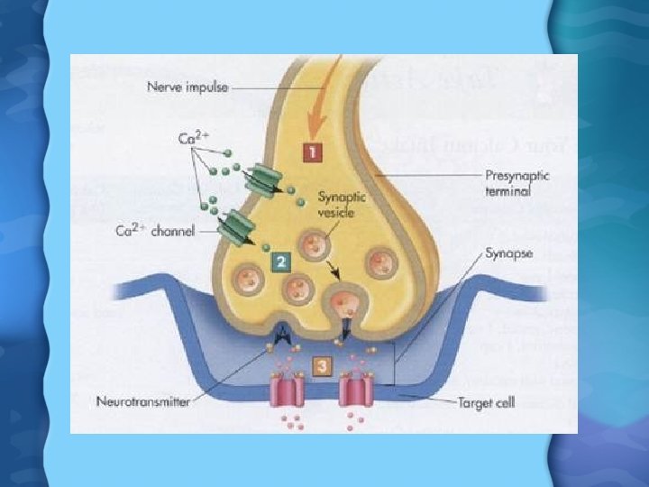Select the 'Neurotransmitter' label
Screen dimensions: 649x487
click(x=143, y=401)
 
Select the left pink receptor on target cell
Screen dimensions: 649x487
click(x=289, y=395)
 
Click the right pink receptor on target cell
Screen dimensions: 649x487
click(x=354, y=395)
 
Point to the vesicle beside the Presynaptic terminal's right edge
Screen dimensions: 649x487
click(x=380, y=264)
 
